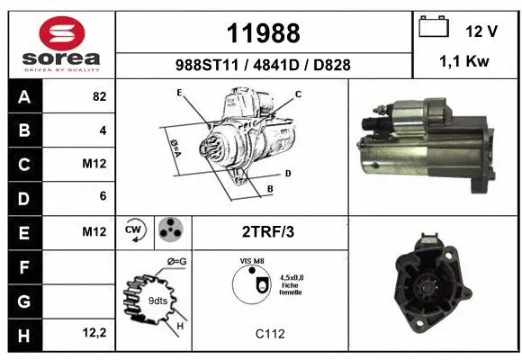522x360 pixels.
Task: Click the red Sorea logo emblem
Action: (62, 33)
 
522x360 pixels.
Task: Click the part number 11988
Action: (264, 33)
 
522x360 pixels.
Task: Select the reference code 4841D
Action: (276, 65)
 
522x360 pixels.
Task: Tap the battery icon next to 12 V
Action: (434, 26)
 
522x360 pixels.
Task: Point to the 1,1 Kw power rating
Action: (464, 61)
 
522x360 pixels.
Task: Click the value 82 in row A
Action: (100, 96)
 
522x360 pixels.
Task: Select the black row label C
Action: (24, 165)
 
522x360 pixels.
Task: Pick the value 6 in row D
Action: (103, 196)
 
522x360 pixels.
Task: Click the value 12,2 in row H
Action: (94, 332)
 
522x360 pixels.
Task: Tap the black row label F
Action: (24, 267)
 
